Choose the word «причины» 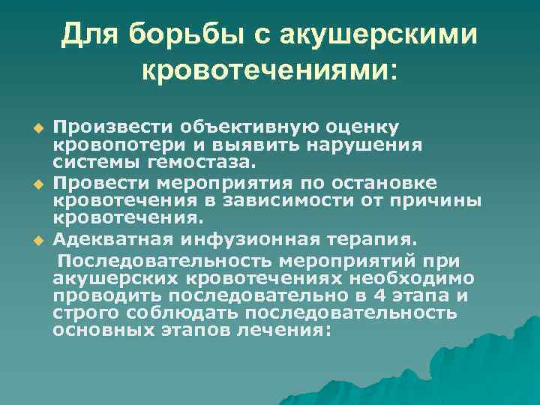(439, 202)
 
